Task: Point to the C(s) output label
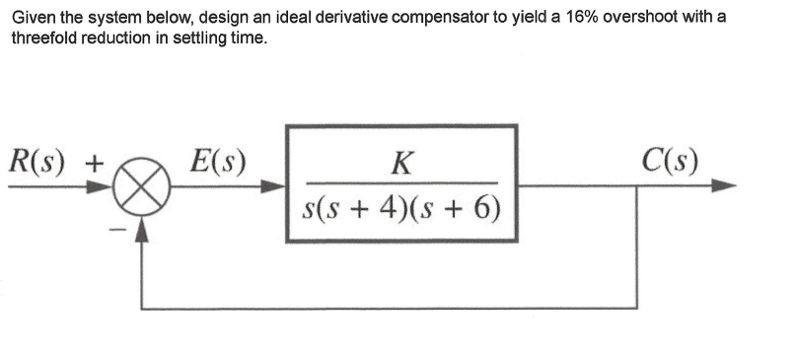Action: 668,159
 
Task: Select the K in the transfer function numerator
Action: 400,162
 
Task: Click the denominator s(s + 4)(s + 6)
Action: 400,208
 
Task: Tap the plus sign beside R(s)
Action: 96,161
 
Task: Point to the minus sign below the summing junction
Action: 117,231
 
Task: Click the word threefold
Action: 42,38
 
